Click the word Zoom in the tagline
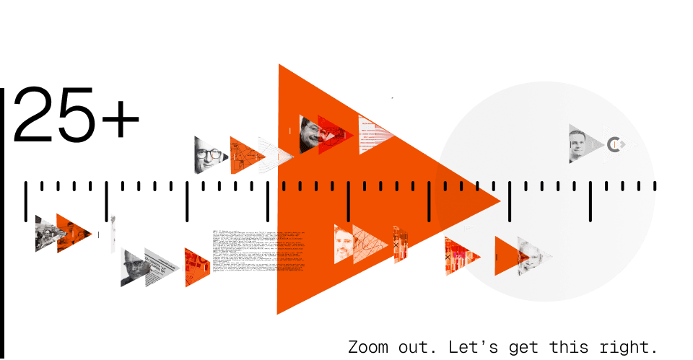[367, 346]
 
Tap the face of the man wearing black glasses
[206, 154]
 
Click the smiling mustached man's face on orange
[311, 133]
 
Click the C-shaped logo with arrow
[615, 144]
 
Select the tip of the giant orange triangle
[498, 201]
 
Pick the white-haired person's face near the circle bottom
[529, 254]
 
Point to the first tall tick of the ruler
[26, 199]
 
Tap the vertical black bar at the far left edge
[2, 216]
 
